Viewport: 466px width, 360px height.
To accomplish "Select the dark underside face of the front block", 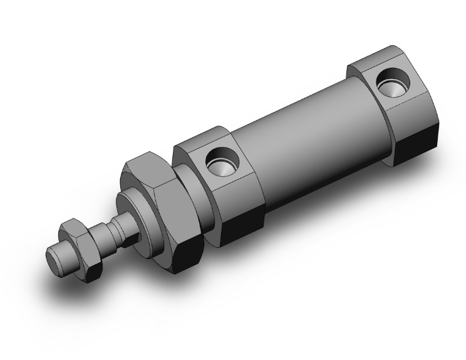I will [241, 228].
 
